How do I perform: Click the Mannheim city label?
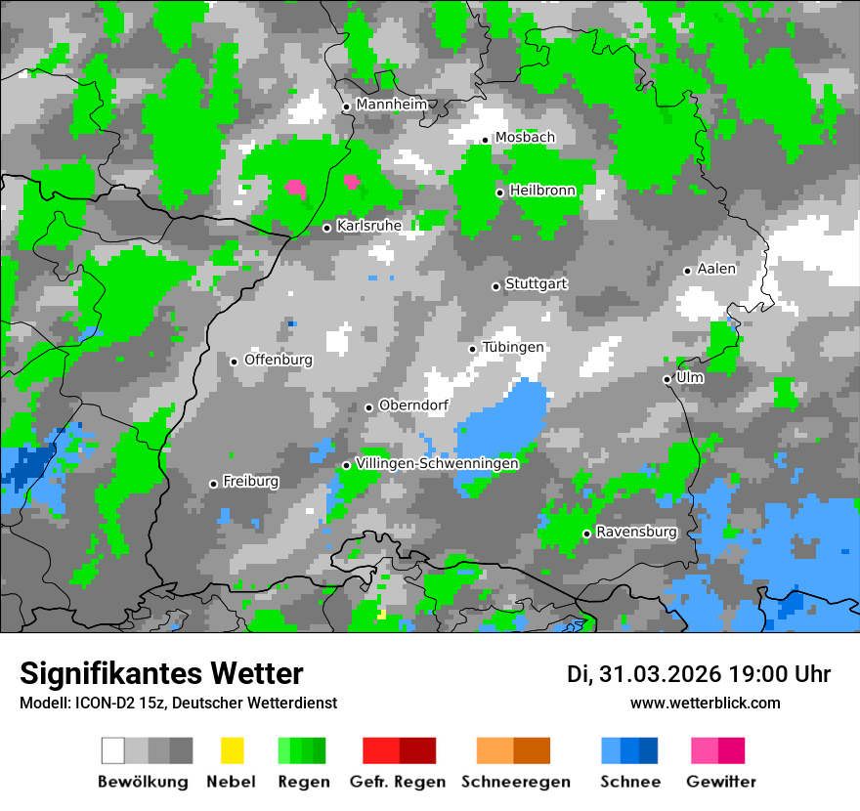point(392,105)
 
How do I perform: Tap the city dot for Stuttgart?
point(495,286)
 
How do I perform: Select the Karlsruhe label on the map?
point(369,226)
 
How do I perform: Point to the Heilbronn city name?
point(542,191)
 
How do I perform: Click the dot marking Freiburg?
point(213,484)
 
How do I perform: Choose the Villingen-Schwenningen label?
point(437,463)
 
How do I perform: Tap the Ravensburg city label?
point(636,532)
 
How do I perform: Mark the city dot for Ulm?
point(666,379)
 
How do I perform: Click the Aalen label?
point(716,269)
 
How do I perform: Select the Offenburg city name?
point(279,360)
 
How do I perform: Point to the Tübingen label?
point(513,347)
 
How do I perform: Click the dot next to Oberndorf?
point(368,407)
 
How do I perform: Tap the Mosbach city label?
point(525,138)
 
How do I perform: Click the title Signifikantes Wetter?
point(162,673)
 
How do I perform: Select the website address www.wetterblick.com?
point(706,703)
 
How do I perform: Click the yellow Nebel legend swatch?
point(232,750)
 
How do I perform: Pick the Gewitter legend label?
point(721,782)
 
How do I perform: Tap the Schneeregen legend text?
point(516,782)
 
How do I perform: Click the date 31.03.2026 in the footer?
point(660,674)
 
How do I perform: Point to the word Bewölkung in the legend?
point(143,782)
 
